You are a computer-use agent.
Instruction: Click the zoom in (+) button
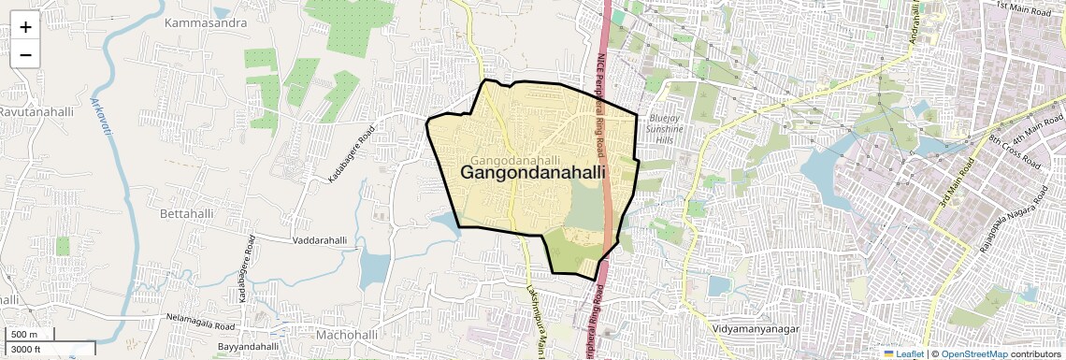click(x=25, y=26)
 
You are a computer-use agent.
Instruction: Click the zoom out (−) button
click(x=25, y=54)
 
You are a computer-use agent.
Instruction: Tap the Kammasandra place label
click(x=205, y=22)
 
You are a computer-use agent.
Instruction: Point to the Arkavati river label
click(x=99, y=117)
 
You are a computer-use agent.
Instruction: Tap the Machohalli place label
click(x=346, y=334)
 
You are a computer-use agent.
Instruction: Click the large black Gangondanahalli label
click(x=532, y=173)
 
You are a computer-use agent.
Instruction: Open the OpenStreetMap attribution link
click(x=973, y=353)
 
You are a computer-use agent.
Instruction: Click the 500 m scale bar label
click(x=24, y=335)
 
